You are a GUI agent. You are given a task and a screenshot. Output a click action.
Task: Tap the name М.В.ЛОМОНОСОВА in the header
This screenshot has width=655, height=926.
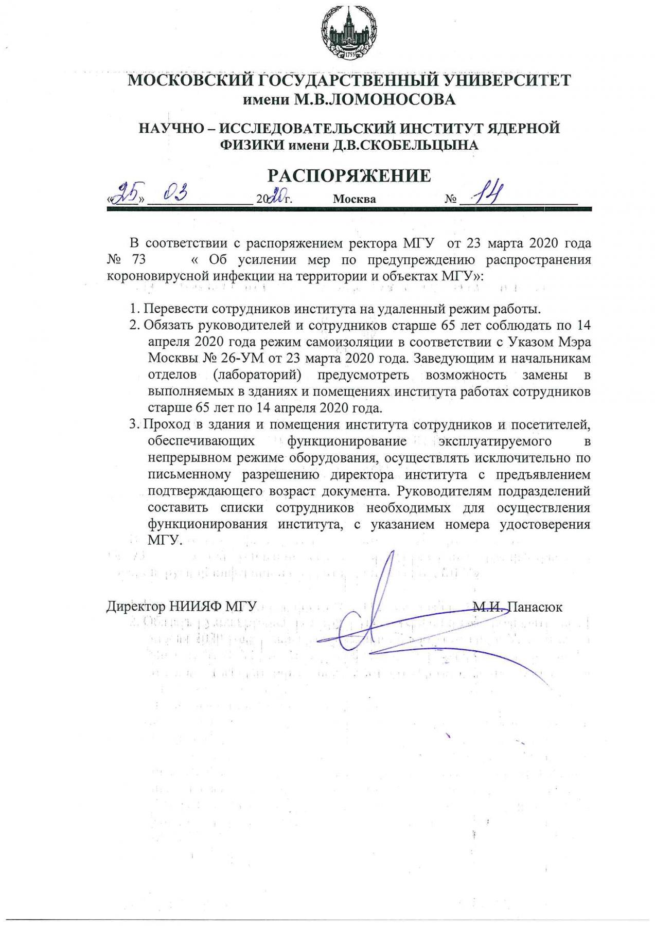click(374, 99)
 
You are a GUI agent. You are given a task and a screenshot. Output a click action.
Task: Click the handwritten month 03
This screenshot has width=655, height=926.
click(174, 194)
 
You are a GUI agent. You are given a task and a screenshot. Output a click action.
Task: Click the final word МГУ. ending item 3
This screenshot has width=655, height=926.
click(165, 541)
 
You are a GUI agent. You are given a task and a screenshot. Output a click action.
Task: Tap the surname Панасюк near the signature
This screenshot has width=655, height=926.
click(535, 607)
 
